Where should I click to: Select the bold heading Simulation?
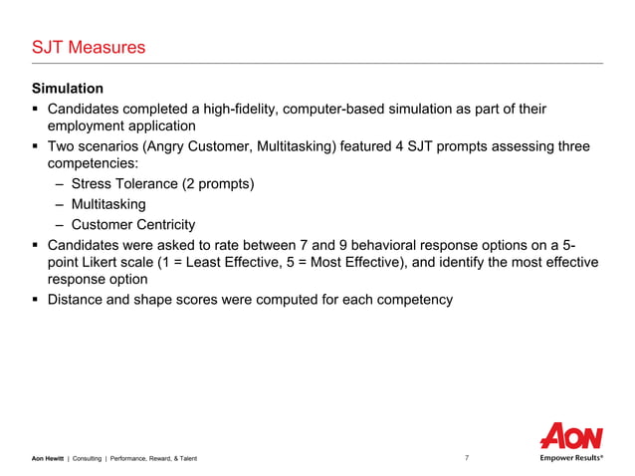[x=68, y=89]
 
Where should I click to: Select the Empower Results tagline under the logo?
[x=571, y=458]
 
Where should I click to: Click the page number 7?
[x=468, y=458]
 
